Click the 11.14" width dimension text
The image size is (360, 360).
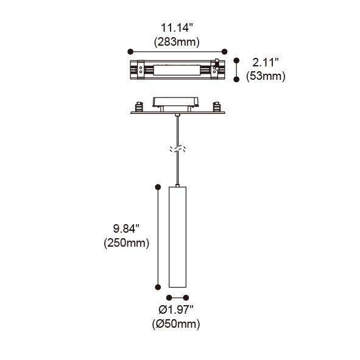[176, 28]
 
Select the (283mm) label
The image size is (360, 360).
[177, 42]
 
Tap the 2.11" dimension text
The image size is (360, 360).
[266, 63]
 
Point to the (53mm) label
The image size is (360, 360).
[266, 76]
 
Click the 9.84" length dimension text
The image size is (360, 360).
[126, 228]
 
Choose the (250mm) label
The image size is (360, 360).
[127, 243]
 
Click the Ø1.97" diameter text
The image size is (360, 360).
[176, 310]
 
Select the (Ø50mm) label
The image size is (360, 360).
[176, 324]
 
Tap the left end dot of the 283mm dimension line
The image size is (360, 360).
[130, 52]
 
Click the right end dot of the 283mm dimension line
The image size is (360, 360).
[225, 52]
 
